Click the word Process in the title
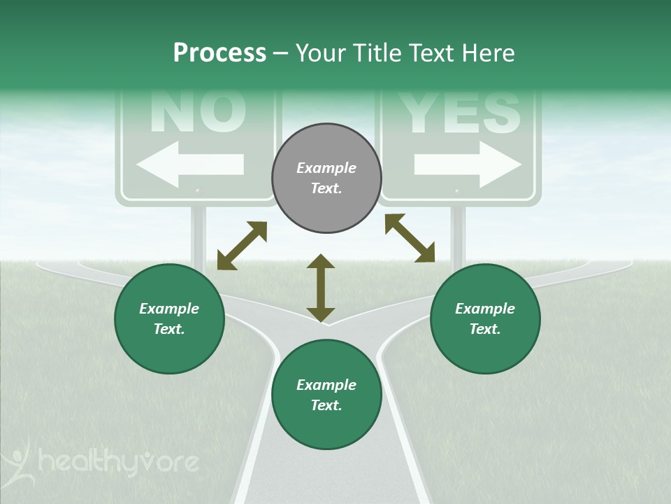(x=219, y=53)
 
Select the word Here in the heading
(x=486, y=53)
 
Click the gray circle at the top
(x=326, y=178)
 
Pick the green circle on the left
(x=169, y=318)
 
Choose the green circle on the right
(x=485, y=318)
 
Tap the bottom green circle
(x=326, y=395)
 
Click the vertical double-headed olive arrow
(x=321, y=288)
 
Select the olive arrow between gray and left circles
(x=242, y=246)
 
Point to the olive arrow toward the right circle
(x=410, y=238)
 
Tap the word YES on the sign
(x=461, y=112)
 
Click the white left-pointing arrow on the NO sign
(x=190, y=165)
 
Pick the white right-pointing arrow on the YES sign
(x=468, y=165)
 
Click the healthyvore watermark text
(x=119, y=462)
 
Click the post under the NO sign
(x=199, y=234)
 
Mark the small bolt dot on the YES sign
(x=457, y=190)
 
